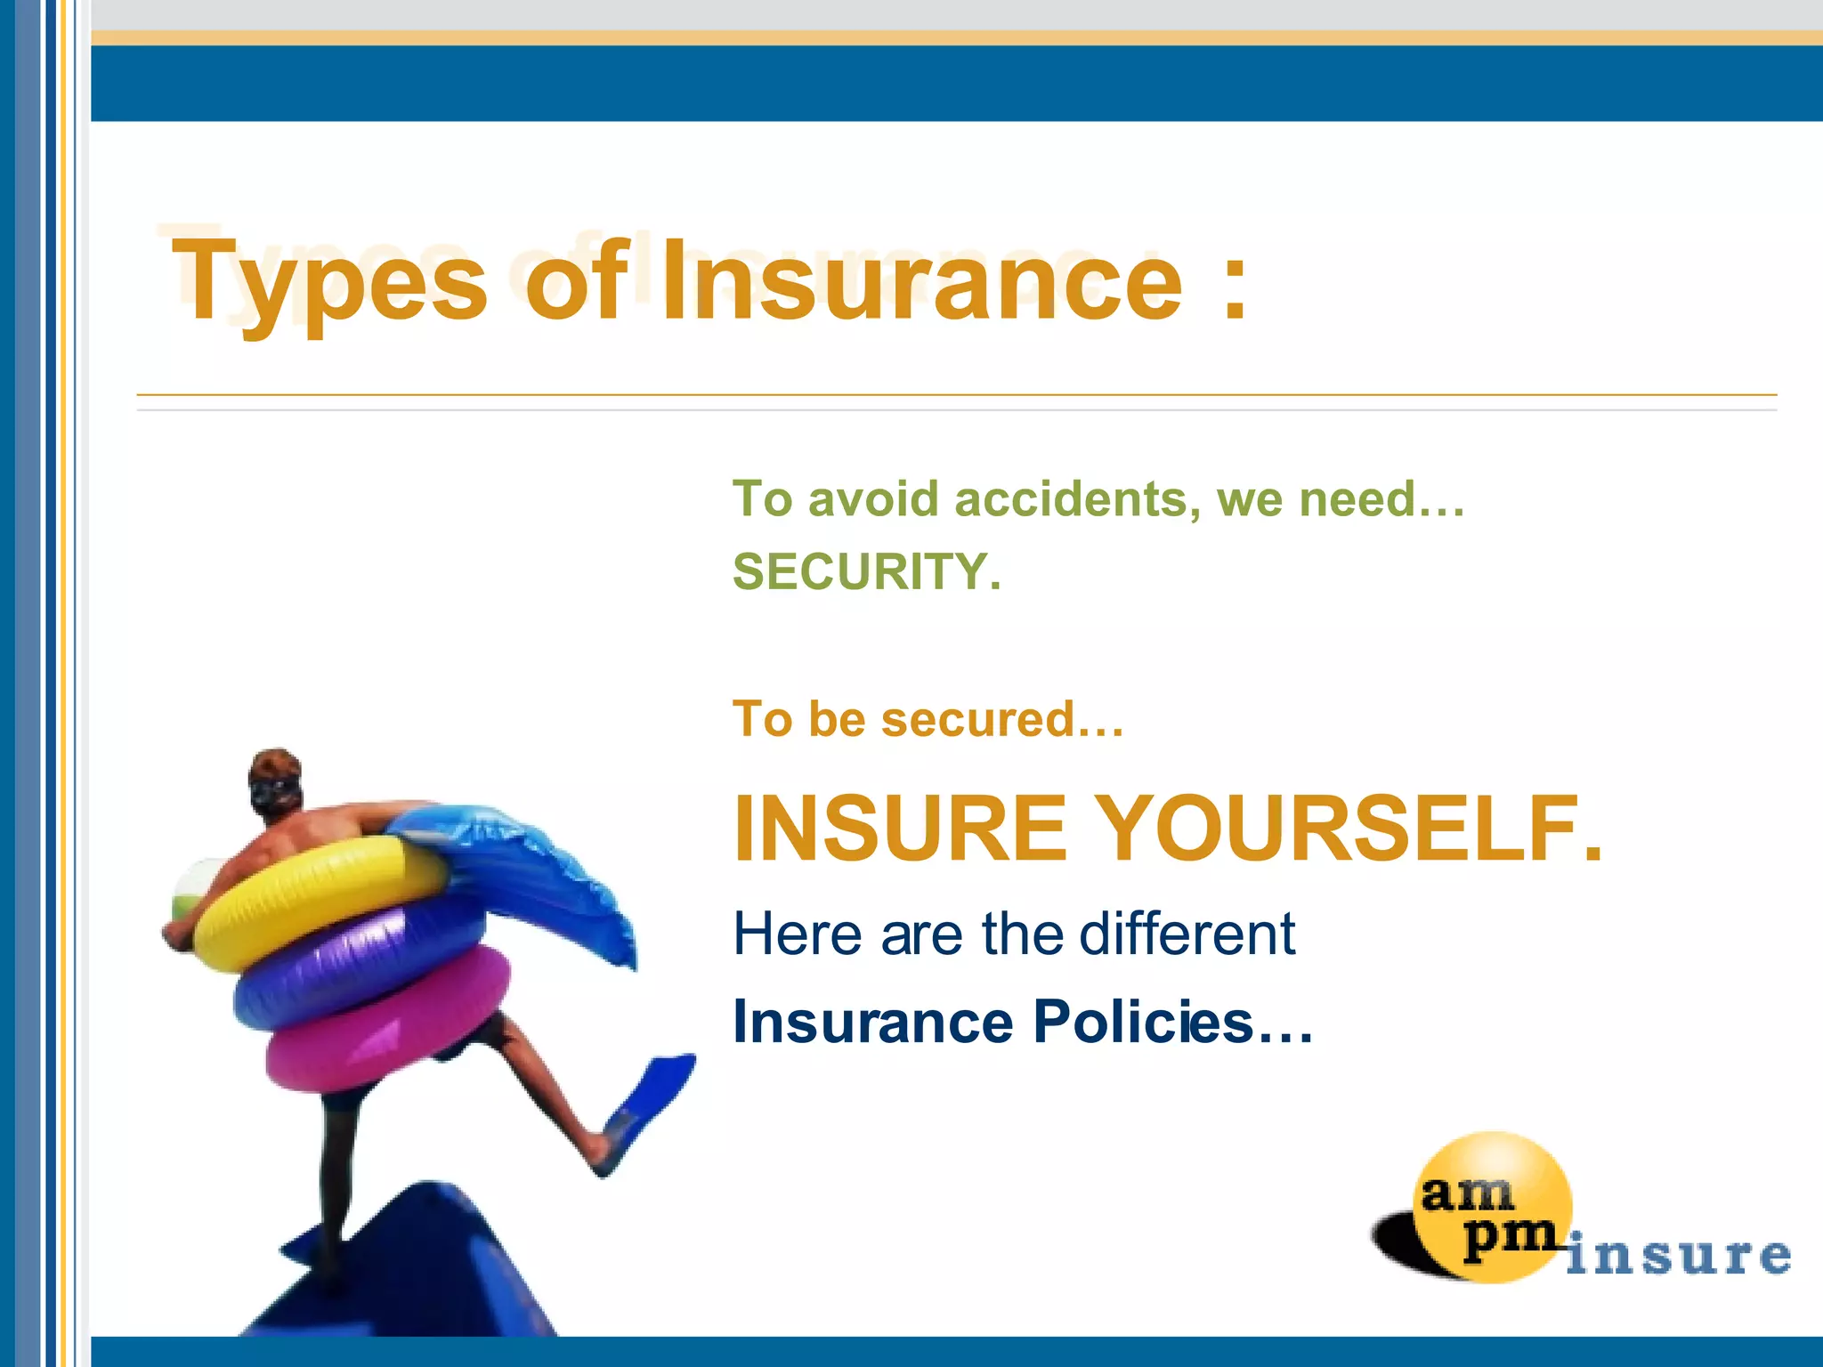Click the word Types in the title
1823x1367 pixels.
click(329, 283)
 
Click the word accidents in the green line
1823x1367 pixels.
click(1071, 498)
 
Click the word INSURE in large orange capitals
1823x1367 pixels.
click(899, 829)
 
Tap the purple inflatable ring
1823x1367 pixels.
click(356, 961)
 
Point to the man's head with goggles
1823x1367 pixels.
click(274, 781)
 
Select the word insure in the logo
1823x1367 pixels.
click(1678, 1255)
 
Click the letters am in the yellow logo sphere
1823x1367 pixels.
click(1466, 1193)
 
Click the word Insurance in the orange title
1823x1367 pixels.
click(921, 283)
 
